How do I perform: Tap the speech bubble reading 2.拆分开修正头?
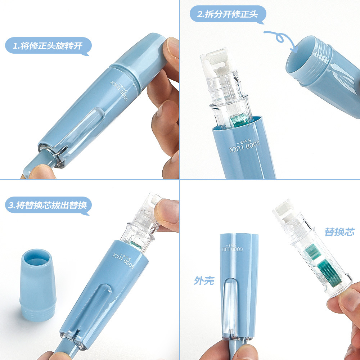point(228,15)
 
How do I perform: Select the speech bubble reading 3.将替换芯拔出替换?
point(48,206)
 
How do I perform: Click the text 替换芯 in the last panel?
point(339,232)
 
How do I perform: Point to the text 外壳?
point(204,280)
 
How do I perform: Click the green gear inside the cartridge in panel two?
point(238,120)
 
